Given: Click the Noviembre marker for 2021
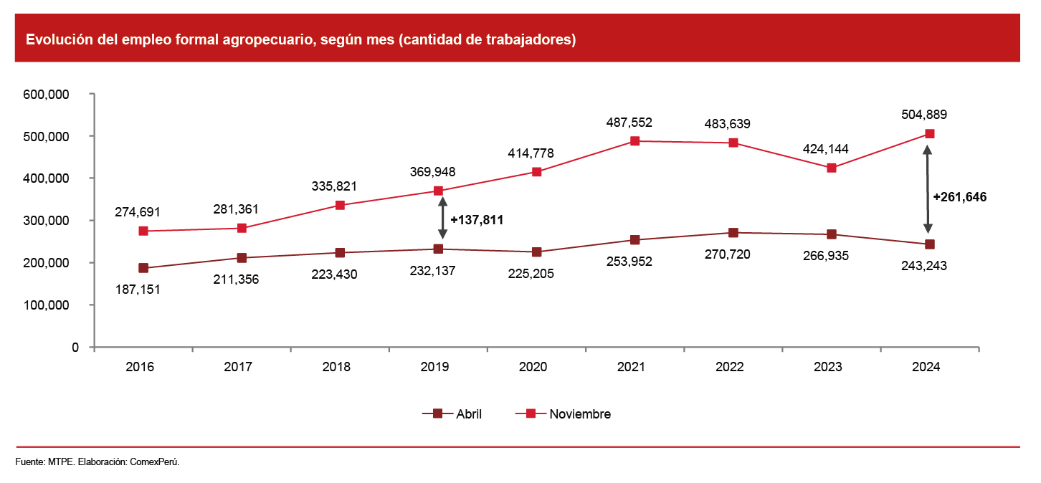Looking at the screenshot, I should pyautogui.click(x=634, y=141).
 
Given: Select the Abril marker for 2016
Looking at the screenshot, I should pyautogui.click(x=143, y=268).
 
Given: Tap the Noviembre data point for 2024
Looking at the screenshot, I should pyautogui.click(x=929, y=134).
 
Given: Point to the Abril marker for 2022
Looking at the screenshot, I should pyautogui.click(x=733, y=233).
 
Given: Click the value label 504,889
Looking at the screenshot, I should pyautogui.click(x=929, y=115).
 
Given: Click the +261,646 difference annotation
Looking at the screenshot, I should pyautogui.click(x=959, y=197).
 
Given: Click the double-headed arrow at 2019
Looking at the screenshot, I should pyautogui.click(x=442, y=219).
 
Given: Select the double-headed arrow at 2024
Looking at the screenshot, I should pyautogui.click(x=928, y=189).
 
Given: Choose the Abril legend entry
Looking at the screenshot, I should pyautogui.click(x=453, y=413).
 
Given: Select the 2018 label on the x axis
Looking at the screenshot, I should pyautogui.click(x=336, y=367).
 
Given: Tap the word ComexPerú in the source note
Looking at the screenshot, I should pyautogui.click(x=154, y=462).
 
